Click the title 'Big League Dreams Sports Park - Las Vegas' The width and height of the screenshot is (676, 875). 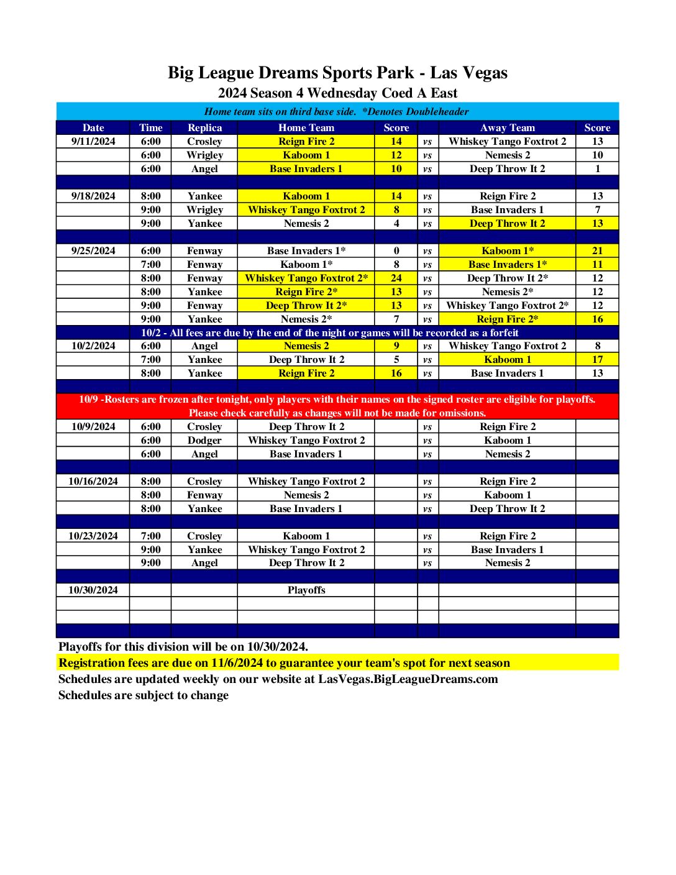click(x=337, y=73)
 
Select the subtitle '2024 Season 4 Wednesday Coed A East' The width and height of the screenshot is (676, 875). click(x=337, y=93)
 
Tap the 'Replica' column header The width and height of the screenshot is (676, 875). click(x=204, y=127)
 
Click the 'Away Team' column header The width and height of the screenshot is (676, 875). click(x=507, y=127)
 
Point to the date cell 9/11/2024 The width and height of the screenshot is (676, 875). click(x=93, y=142)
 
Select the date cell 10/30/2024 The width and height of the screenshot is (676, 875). click(x=93, y=590)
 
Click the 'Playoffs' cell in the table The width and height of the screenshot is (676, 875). click(x=306, y=590)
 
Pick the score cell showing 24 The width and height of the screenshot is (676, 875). click(x=396, y=278)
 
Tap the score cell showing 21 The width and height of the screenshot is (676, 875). click(x=597, y=251)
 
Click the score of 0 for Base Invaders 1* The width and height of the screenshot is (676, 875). click(x=396, y=251)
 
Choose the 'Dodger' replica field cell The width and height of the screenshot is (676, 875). click(x=204, y=441)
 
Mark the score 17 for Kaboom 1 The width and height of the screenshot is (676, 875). click(x=597, y=360)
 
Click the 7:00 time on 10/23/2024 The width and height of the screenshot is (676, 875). click(x=150, y=536)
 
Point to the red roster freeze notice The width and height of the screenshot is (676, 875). click(x=337, y=406)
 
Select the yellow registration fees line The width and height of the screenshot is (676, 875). click(x=285, y=663)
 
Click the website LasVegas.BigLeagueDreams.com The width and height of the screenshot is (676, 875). click(x=408, y=679)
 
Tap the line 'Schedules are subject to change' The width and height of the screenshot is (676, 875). click(x=144, y=695)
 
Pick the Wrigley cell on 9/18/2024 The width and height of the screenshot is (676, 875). click(x=204, y=210)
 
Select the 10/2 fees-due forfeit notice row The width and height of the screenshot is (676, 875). click(x=329, y=333)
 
